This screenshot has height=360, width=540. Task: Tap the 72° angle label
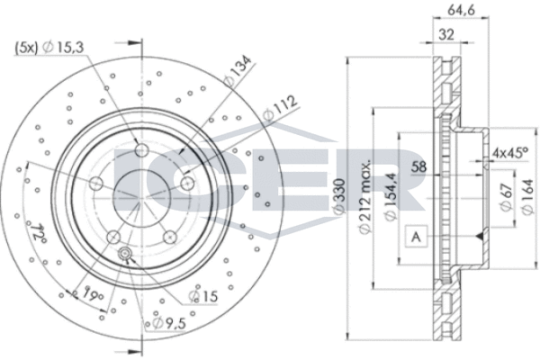pos(38,235)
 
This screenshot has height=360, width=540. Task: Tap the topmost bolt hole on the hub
pos(141,148)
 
